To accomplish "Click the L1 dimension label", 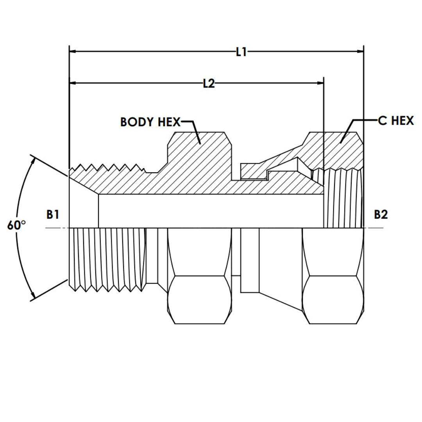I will tap(241, 52).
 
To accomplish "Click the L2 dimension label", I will tap(209, 83).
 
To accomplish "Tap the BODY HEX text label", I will tap(150, 122).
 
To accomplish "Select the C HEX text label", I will tap(396, 121).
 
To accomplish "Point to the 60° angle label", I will tap(16, 225).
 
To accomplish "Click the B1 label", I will tap(53, 215).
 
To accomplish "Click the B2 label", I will tap(381, 215).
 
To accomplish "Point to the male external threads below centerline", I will tap(107, 258).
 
